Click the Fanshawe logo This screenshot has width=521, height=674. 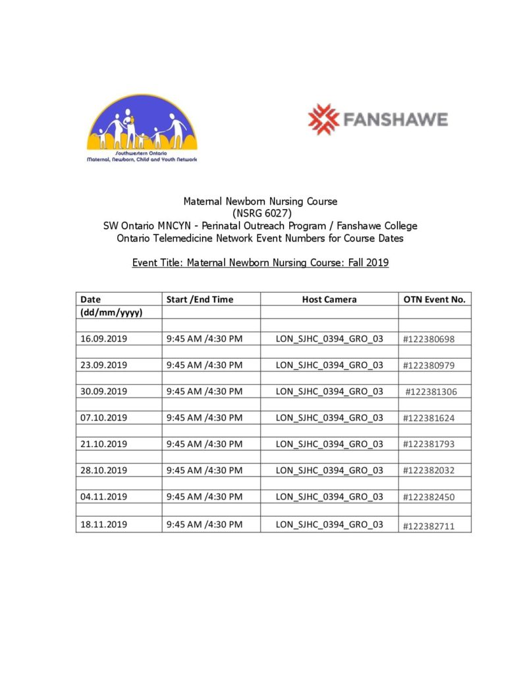(378, 119)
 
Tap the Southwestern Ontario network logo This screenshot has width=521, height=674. (142, 128)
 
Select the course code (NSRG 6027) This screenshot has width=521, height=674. (260, 213)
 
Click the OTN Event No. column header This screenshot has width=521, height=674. (434, 299)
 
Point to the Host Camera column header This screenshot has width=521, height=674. (329, 299)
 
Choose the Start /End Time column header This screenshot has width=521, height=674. (200, 299)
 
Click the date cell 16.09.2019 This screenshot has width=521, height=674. (103, 338)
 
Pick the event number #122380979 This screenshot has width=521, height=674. (429, 365)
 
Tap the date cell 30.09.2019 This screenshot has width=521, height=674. (103, 391)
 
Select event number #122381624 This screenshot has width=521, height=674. (429, 418)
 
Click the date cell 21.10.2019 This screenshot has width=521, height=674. (103, 444)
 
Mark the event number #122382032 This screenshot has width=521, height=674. (429, 471)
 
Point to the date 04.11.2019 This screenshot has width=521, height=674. (103, 497)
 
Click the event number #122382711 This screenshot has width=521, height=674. (429, 525)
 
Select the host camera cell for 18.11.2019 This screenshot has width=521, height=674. (329, 525)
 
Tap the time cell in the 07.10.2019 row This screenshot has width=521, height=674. (204, 417)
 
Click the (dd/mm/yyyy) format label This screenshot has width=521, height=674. (111, 312)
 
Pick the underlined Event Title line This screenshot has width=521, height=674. (260, 263)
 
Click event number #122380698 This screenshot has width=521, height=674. (429, 339)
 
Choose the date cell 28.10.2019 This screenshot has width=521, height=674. (103, 470)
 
